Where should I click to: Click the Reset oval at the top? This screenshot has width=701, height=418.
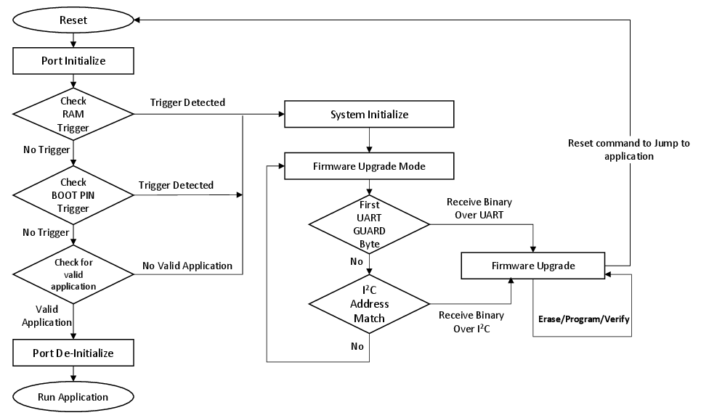73,20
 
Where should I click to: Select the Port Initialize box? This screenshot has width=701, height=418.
73,61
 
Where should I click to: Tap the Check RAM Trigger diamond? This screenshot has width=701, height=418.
73,114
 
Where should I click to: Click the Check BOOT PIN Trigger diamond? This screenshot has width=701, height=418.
73,195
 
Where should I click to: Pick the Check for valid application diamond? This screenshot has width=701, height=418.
73,274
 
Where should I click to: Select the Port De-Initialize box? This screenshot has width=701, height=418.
73,353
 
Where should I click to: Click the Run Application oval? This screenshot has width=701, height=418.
73,397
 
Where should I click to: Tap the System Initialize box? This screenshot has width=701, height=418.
369,115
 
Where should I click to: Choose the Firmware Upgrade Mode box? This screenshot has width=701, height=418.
369,166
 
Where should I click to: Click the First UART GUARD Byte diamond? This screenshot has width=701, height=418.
369,224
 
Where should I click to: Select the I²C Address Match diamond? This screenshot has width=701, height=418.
369,303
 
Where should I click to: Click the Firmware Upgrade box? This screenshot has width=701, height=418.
533,266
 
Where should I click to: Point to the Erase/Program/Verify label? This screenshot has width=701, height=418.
583,319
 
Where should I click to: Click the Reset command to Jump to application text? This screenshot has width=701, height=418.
628,149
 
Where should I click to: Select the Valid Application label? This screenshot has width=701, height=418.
46,315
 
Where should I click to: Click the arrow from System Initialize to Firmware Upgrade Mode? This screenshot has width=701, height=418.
370,140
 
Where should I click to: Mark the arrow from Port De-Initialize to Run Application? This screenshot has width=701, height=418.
73,374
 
